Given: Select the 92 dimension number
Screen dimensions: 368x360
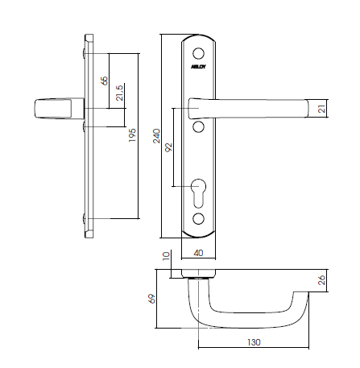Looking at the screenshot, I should coord(168,148).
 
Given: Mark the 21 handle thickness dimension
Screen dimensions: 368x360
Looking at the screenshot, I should coord(320,109).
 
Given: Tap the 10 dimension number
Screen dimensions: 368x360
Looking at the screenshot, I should coord(168,258).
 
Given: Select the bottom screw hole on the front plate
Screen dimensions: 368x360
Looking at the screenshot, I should coord(199,220).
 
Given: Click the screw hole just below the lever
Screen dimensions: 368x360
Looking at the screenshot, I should coord(199,127).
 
